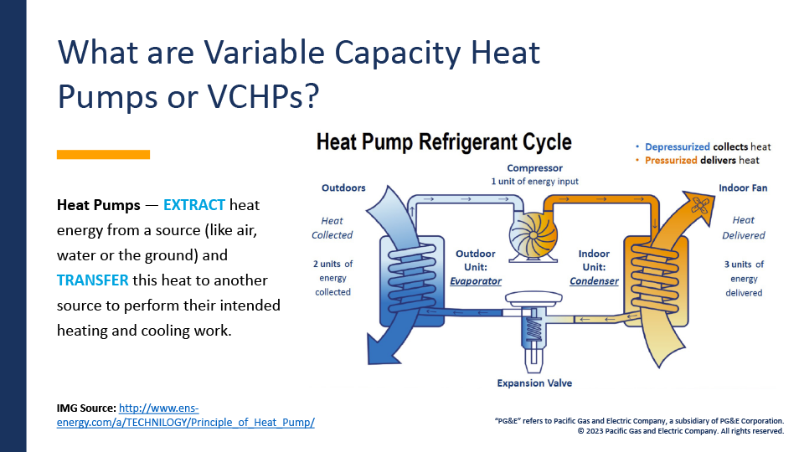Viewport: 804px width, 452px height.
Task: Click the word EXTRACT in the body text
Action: (193, 205)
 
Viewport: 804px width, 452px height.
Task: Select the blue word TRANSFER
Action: (92, 280)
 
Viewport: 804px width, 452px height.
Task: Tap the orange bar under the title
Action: (103, 154)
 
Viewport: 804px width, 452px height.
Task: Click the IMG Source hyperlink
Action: (186, 415)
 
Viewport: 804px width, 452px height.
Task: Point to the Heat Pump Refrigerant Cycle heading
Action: (444, 142)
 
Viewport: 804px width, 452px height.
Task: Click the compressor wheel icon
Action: (533, 235)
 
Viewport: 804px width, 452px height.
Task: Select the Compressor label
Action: (534, 168)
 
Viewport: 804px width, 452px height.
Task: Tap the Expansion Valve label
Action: (534, 383)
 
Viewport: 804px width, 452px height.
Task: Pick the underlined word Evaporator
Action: (476, 281)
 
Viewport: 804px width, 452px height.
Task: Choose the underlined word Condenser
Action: (594, 281)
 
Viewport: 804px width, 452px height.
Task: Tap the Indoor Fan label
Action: (743, 188)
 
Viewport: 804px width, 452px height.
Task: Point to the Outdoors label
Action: (343, 188)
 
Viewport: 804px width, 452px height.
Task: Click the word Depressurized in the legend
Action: (678, 147)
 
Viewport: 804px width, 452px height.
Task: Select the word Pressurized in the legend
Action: (671, 161)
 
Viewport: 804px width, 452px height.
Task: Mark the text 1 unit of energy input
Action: (534, 182)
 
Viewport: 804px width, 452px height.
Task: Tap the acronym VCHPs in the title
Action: (262, 95)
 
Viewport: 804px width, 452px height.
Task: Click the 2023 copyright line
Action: (680, 431)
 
